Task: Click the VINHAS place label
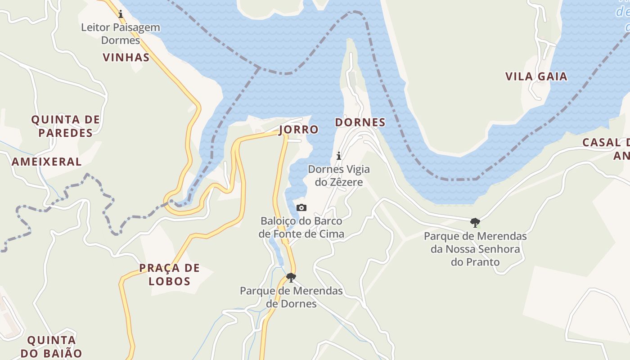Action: click(126, 58)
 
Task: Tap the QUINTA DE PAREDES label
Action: click(65, 126)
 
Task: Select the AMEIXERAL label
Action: click(47, 162)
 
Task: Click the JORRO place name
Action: click(298, 130)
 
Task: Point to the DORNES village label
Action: click(360, 122)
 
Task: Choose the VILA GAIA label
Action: click(536, 76)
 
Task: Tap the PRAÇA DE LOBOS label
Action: click(169, 274)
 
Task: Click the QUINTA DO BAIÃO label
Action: click(51, 346)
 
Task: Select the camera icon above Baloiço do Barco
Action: click(301, 207)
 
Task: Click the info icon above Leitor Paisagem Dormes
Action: click(121, 14)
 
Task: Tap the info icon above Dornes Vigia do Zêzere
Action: click(339, 156)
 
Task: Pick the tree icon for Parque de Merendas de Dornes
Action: click(291, 277)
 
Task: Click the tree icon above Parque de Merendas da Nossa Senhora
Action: click(475, 222)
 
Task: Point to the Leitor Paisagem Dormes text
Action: click(121, 34)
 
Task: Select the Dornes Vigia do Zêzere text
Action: click(339, 175)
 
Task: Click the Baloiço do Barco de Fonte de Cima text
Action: click(301, 227)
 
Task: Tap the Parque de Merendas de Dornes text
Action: click(291, 297)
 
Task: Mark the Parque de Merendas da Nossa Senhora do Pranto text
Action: click(475, 249)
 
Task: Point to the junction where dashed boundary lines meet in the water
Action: click(259, 67)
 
